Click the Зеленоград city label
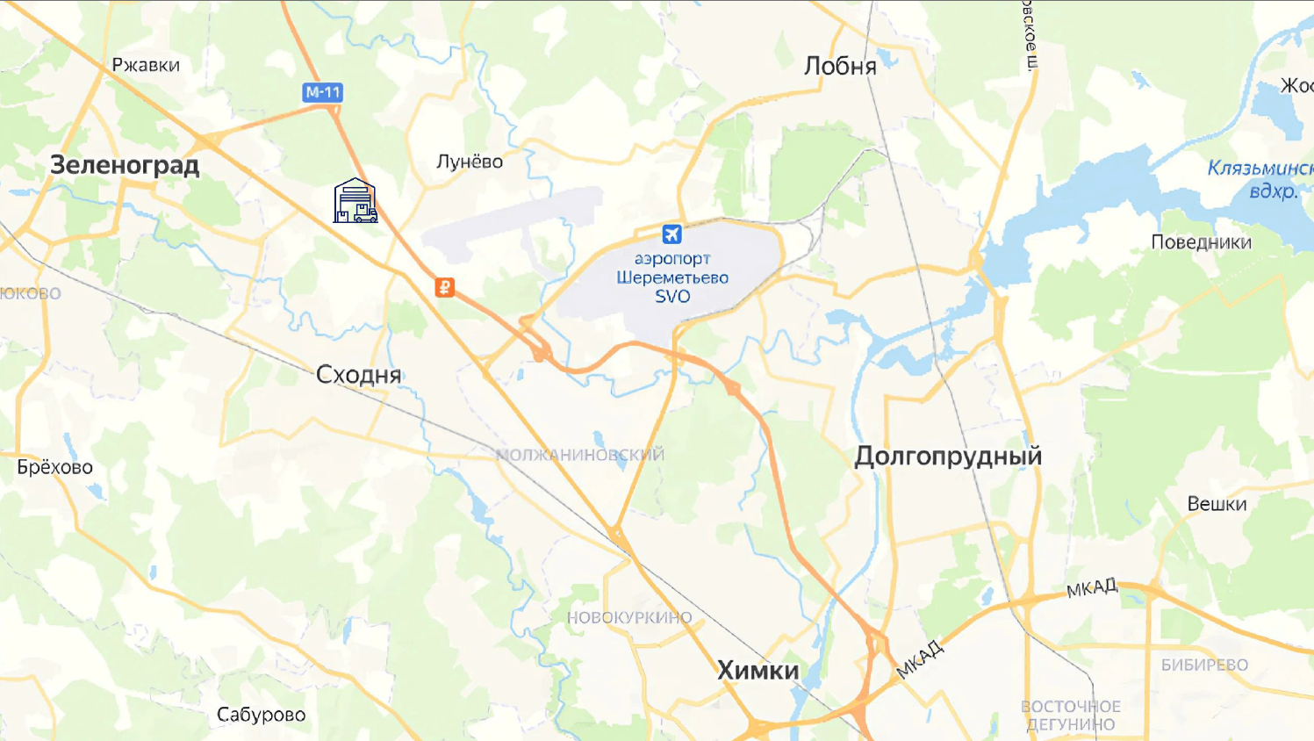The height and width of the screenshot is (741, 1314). pos(125,165)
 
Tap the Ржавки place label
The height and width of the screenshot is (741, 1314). pos(146,65)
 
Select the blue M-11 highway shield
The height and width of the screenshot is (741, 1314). pos(322,92)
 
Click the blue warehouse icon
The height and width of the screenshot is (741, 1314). pos(355,201)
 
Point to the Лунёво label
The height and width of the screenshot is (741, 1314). pos(470,162)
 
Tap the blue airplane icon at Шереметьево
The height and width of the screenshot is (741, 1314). pos(671,234)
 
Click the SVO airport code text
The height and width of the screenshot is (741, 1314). pos(672,297)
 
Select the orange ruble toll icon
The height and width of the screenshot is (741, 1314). pos(445,287)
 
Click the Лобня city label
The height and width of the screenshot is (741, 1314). pos(840,67)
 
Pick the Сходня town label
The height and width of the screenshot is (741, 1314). pos(358,375)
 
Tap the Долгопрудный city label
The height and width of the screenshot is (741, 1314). pos(948,457)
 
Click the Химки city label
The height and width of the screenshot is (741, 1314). pos(758,671)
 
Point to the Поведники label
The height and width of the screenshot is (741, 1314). pos(1201,242)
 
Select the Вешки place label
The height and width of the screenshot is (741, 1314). pos(1217,504)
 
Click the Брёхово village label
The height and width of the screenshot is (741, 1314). pos(55,467)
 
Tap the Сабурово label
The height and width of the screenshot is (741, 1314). pos(262,715)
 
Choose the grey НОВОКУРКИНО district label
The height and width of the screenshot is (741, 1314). pos(629,618)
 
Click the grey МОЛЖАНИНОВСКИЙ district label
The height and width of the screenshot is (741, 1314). pos(580,455)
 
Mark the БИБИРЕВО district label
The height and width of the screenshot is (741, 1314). pos(1204,665)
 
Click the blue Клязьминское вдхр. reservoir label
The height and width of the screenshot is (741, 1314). pos(1260,179)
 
